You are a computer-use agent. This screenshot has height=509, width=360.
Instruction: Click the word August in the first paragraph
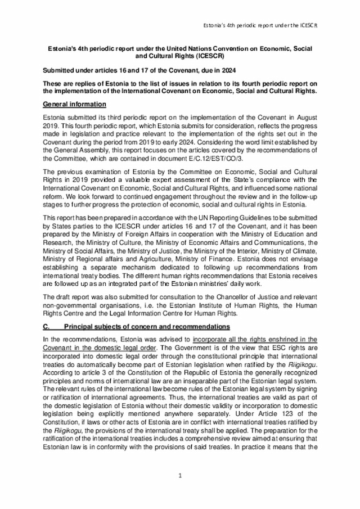305,116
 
